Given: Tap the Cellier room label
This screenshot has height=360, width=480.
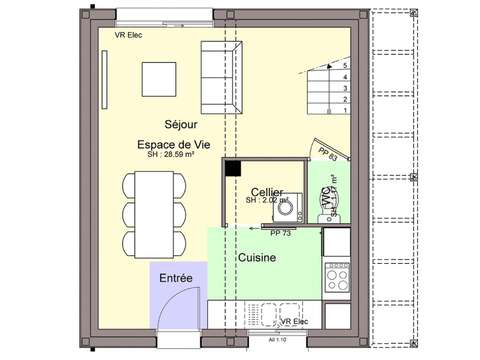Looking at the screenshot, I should point(266,192).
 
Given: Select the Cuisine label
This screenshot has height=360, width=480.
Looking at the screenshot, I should point(257,257).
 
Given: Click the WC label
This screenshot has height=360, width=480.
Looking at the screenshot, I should point(326,198).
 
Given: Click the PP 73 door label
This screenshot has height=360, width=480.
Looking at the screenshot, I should point(280,233).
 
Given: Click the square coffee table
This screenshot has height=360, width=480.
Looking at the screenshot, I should point(162,78).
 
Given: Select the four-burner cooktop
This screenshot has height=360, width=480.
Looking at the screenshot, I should point(335,271).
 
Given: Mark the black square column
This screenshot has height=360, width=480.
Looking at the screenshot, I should point(232,169).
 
